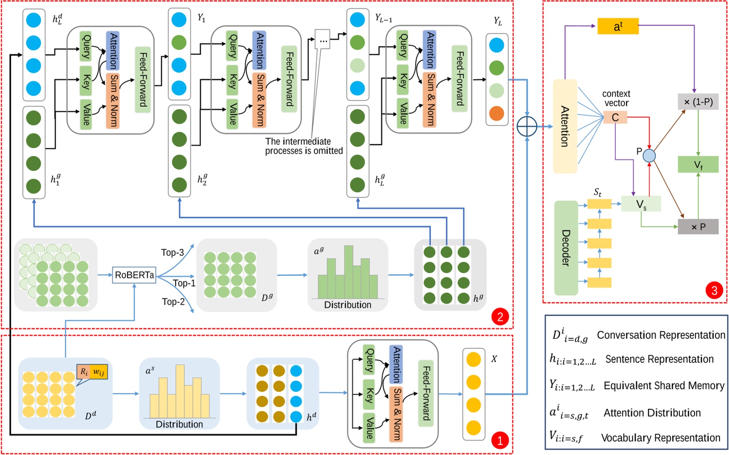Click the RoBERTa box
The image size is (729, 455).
[x=134, y=275]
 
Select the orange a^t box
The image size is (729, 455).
[x=618, y=26]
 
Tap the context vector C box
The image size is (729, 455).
[x=615, y=117]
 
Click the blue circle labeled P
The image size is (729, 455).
[x=649, y=156]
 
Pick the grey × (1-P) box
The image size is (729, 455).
[x=698, y=102]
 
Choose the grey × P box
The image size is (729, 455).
[x=698, y=227]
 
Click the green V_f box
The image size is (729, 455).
[x=698, y=164]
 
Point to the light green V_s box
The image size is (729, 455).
[x=641, y=204]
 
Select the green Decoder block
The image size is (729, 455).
[x=566, y=248]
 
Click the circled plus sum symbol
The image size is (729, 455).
[x=527, y=126]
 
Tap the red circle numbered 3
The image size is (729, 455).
[x=714, y=291]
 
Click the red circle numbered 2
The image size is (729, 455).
[x=500, y=317]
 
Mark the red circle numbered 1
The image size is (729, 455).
[x=500, y=441]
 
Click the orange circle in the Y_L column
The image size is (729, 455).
[x=497, y=113]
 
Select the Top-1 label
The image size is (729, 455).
[x=184, y=283]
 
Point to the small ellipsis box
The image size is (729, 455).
[x=323, y=40]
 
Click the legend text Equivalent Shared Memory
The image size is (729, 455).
[x=664, y=386]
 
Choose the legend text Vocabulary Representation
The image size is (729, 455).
[x=661, y=438]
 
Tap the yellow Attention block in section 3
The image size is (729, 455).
[x=565, y=126]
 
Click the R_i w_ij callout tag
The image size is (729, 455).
[x=92, y=372]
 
